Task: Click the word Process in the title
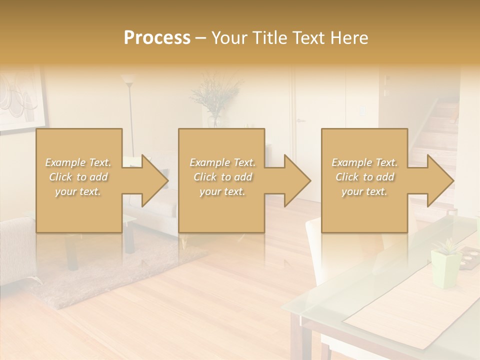157,38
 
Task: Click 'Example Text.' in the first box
78,162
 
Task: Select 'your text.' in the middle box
222,191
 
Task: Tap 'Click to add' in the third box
364,177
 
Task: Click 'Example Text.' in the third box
364,162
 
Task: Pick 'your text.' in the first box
78,191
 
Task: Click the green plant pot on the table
446,267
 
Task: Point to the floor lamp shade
128,78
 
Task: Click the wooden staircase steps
440,135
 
